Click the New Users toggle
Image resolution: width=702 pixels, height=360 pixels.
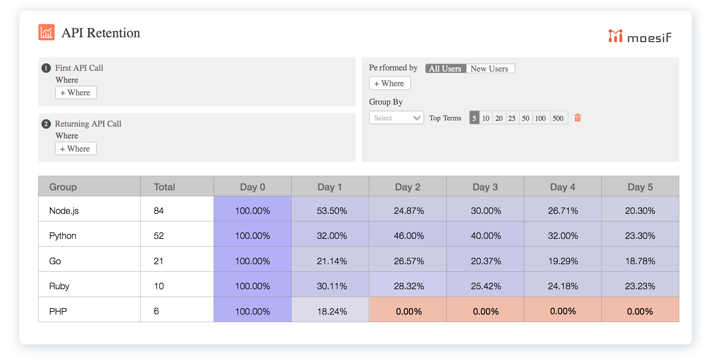[x=490, y=68]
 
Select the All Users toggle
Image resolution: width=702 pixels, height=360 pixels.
[x=445, y=68]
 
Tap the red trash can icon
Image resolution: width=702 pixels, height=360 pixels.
[x=577, y=118]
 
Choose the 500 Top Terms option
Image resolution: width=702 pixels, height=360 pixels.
[x=558, y=118]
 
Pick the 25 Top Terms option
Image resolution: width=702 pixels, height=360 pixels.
[x=512, y=118]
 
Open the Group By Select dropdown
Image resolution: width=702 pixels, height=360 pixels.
[x=396, y=118]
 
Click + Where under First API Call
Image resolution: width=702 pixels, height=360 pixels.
[x=76, y=93]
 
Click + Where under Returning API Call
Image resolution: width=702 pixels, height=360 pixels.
[x=75, y=149]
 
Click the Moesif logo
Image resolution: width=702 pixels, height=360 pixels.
[x=640, y=37]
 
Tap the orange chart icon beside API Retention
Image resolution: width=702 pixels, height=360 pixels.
[x=47, y=32]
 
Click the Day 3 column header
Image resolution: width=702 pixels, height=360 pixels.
[x=485, y=187]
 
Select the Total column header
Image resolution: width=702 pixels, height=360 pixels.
[x=164, y=187]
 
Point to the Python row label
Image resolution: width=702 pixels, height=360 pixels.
[x=63, y=236]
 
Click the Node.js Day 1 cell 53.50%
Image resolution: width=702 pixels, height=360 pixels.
[x=332, y=211]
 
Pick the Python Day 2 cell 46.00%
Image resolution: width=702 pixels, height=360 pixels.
[x=409, y=236]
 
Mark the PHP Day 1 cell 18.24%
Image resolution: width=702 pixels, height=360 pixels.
[x=332, y=312]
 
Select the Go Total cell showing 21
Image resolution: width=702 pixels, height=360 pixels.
[x=159, y=261]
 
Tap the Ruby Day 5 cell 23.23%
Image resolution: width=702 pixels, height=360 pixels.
[x=640, y=286]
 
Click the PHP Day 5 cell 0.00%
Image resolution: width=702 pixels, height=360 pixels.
[x=640, y=312]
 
